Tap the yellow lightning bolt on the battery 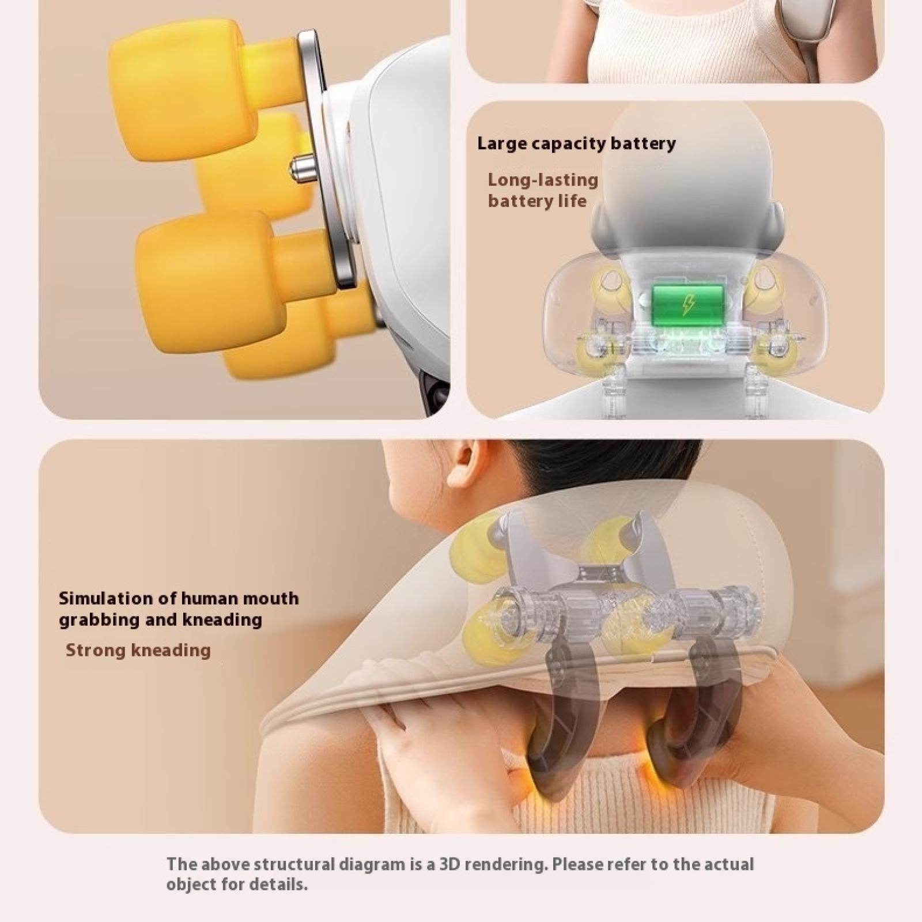(x=686, y=304)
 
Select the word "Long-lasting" (x=543, y=180)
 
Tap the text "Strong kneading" (x=138, y=651)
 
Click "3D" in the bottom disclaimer (x=451, y=864)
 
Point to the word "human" (x=209, y=598)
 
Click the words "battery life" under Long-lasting (x=537, y=202)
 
